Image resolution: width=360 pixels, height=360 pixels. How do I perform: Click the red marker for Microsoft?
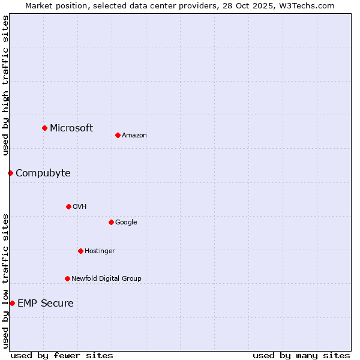pyautogui.click(x=44, y=128)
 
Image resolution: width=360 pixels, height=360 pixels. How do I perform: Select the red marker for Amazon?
pyautogui.click(x=118, y=135)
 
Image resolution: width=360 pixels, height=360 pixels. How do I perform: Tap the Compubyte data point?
pyautogui.click(x=10, y=173)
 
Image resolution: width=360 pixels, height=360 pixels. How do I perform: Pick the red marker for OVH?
pyautogui.click(x=68, y=206)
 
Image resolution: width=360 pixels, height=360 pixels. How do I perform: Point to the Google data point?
pyautogui.click(x=111, y=222)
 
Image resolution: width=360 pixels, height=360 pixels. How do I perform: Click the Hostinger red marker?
pyautogui.click(x=80, y=251)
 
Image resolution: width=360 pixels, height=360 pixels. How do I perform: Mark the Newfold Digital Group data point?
pyautogui.click(x=67, y=278)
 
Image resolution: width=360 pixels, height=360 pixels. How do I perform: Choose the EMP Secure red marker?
pyautogui.click(x=12, y=303)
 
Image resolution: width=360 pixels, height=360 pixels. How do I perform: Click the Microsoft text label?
pyautogui.click(x=71, y=128)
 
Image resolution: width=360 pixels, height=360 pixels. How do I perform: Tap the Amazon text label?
pyautogui.click(x=134, y=135)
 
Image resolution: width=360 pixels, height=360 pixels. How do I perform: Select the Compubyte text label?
pyautogui.click(x=43, y=173)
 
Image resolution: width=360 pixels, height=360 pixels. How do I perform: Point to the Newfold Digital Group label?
pyautogui.click(x=106, y=278)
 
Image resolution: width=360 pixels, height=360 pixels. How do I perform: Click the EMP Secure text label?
pyautogui.click(x=46, y=303)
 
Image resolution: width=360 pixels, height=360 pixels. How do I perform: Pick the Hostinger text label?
pyautogui.click(x=100, y=251)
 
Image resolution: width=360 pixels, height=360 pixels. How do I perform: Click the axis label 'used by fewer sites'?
pyautogui.click(x=62, y=355)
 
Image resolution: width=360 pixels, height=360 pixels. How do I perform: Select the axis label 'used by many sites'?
pyautogui.click(x=301, y=355)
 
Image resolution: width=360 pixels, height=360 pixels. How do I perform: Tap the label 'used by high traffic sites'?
pyautogui.click(x=5, y=85)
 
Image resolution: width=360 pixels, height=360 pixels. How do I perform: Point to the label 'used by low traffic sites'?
pyautogui.click(x=5, y=280)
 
